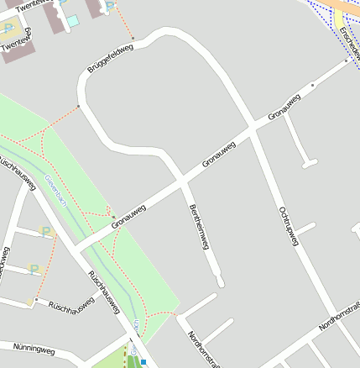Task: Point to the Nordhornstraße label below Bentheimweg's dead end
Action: coord(201,349)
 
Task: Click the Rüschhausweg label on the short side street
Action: coord(71,307)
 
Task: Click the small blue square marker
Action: coord(143,362)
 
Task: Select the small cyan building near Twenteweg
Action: coord(72,19)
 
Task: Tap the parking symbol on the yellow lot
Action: coord(8,29)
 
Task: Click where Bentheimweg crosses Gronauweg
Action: coord(182,177)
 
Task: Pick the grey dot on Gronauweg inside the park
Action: coord(113,218)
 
